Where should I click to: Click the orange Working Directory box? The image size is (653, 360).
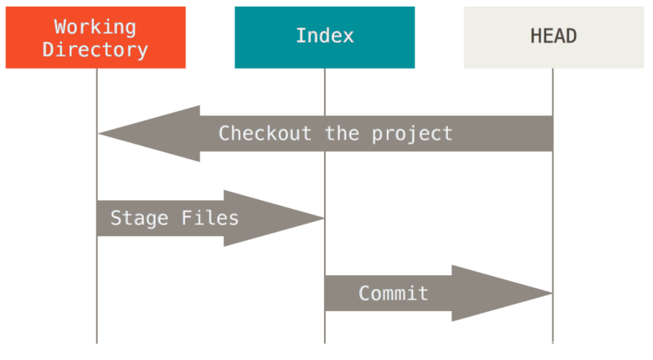(96, 38)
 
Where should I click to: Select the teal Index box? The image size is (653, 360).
(325, 38)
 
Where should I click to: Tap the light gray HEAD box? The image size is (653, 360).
(554, 38)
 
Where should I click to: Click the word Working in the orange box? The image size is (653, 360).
(95, 27)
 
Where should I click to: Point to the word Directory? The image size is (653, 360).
(95, 50)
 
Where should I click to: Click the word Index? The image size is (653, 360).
(325, 36)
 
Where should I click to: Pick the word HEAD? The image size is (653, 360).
(553, 36)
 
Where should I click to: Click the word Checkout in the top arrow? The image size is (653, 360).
(264, 134)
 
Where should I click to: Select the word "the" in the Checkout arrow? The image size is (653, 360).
(341, 134)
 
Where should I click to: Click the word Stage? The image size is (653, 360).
(139, 219)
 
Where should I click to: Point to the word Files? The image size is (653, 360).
(210, 218)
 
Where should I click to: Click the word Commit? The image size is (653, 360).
(393, 293)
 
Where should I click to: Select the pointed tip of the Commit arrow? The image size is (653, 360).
(552, 293)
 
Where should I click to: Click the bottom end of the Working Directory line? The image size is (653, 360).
(97, 343)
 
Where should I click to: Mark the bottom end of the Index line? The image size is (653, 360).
(325, 343)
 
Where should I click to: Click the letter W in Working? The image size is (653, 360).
(60, 27)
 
